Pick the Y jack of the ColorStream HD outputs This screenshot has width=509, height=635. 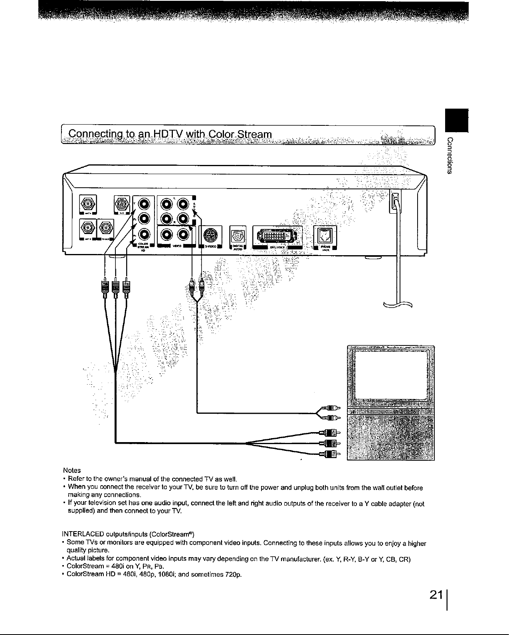click(145, 204)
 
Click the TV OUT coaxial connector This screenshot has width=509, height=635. click(106, 228)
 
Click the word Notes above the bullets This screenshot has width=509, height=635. click(72, 470)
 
